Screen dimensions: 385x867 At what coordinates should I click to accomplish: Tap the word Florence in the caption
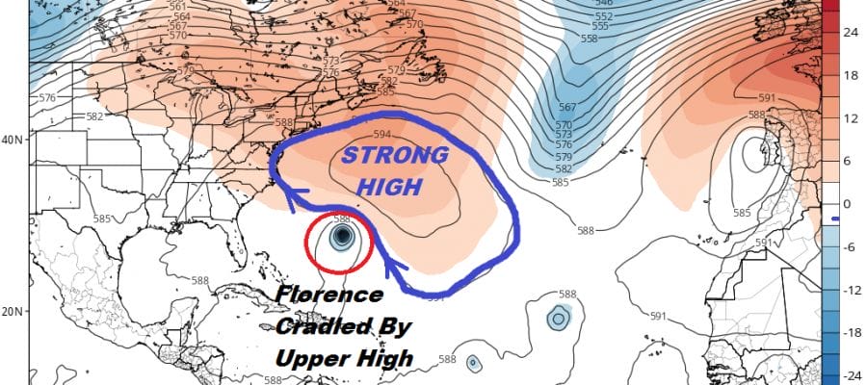pos(328,295)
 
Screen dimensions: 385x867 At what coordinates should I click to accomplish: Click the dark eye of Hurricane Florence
pos(341,239)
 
